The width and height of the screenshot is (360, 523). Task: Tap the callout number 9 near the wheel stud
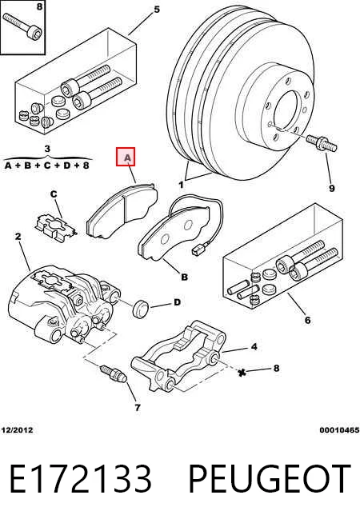point(331,189)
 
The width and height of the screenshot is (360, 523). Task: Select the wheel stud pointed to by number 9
point(322,143)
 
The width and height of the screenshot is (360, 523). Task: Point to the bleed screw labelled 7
point(114,373)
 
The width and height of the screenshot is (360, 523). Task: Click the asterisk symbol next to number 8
point(243,372)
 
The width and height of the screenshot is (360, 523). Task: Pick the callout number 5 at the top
point(157,10)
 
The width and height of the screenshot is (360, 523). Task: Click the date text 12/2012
point(17,430)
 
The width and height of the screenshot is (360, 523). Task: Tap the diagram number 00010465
point(340,430)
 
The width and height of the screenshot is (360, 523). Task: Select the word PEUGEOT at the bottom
point(270,479)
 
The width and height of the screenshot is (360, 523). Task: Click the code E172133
point(81,479)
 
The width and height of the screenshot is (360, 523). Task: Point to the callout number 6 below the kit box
point(307,320)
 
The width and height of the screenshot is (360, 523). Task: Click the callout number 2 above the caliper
point(18,237)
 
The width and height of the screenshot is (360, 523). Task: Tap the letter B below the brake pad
point(184,277)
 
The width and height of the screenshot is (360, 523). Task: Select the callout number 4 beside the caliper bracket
point(254,346)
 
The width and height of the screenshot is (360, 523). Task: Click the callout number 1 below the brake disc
point(181,185)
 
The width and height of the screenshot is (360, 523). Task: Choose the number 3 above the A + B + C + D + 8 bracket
point(47,149)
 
